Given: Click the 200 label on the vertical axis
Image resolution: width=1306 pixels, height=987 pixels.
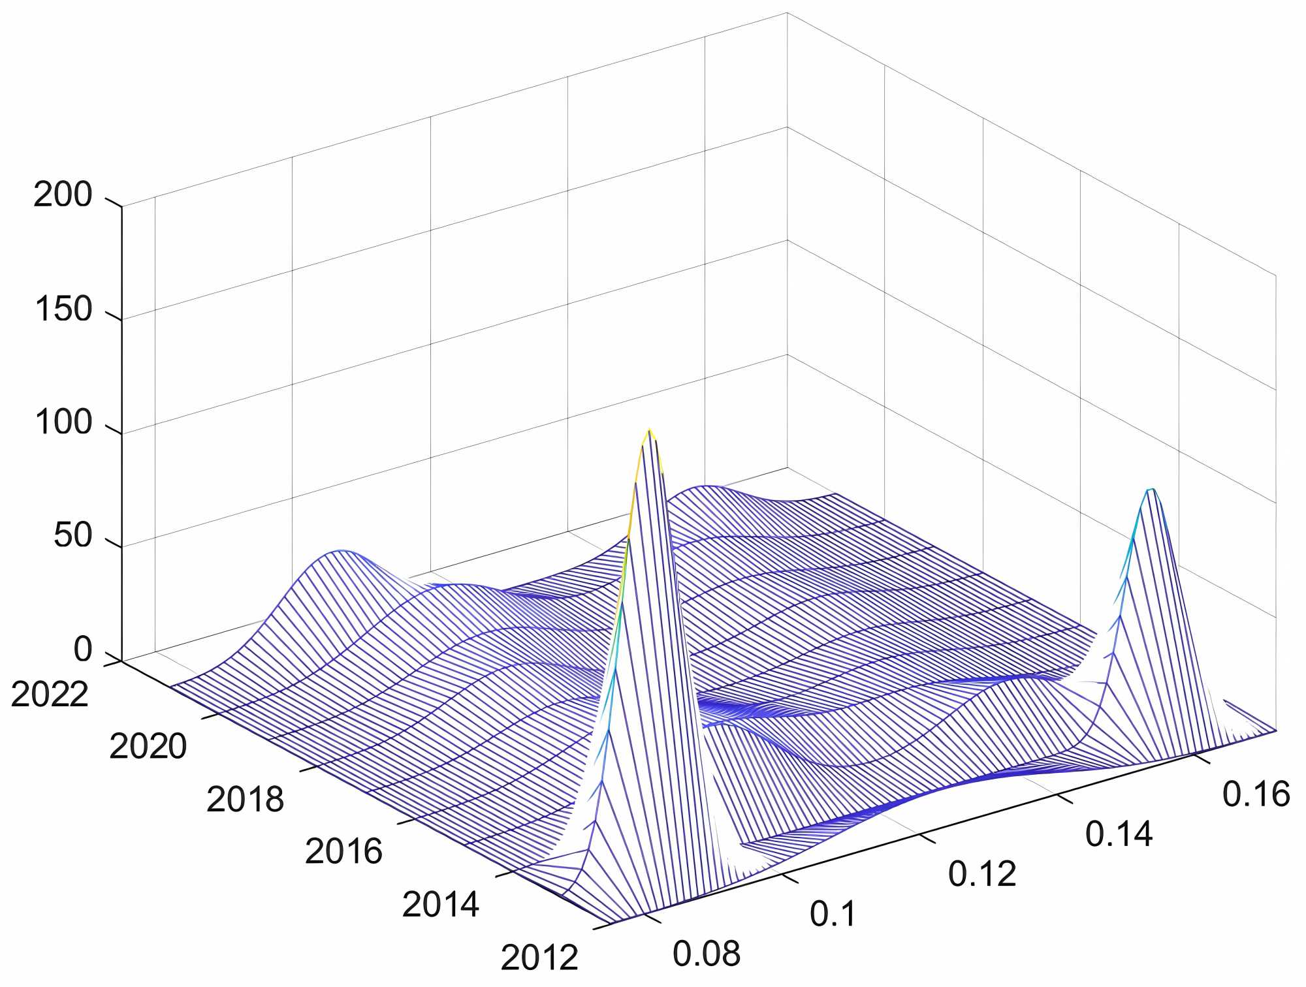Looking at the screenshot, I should click(63, 195).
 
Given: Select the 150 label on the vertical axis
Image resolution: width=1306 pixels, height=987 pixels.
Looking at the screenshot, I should click(63, 309).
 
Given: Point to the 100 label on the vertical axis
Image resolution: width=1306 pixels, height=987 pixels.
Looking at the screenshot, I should click(63, 422).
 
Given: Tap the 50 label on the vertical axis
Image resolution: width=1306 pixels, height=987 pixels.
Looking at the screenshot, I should click(72, 536).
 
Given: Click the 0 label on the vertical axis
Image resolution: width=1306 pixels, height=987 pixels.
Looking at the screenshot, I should click(82, 650).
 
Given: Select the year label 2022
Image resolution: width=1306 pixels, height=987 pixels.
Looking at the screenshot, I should click(49, 694).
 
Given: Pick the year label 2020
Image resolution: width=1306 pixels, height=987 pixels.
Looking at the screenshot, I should click(148, 746).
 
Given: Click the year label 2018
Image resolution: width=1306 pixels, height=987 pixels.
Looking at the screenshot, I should click(245, 799).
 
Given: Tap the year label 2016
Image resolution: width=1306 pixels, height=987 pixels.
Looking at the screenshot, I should click(343, 851).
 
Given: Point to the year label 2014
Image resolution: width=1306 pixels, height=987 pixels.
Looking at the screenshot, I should click(440, 905).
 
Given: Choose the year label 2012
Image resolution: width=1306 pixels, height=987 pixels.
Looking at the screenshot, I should click(539, 958).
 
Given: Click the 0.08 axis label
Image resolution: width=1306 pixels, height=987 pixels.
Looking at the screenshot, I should click(707, 954).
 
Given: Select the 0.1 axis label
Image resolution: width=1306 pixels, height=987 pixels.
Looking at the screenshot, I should click(833, 914).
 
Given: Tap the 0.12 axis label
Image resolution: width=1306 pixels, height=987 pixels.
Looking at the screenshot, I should click(982, 873).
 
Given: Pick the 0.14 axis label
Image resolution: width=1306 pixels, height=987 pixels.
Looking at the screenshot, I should click(1119, 834).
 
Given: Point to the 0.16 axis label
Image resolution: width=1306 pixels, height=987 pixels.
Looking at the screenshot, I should click(1256, 794).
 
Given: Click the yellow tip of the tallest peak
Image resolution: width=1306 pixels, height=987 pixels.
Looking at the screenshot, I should click(649, 430).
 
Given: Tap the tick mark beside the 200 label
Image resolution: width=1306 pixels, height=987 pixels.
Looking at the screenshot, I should click(113, 202).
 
